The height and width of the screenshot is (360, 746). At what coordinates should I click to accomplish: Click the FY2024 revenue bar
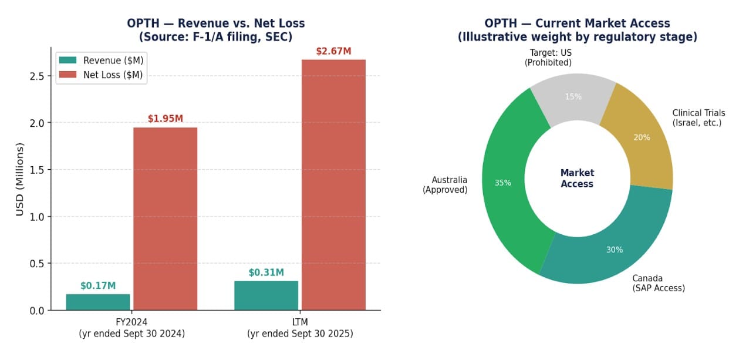pyautogui.click(x=98, y=302)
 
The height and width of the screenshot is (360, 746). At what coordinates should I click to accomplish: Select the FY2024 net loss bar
pyautogui.click(x=165, y=218)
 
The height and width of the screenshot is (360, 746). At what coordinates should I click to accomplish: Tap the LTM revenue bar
pyautogui.click(x=266, y=295)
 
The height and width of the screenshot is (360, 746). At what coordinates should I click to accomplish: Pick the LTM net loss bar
pyautogui.click(x=333, y=184)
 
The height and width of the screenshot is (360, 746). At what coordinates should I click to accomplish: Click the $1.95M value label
pyautogui.click(x=165, y=119)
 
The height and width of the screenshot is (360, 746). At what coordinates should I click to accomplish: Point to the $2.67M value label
pyautogui.click(x=333, y=51)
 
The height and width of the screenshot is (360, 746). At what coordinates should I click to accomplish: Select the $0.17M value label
pyautogui.click(x=98, y=286)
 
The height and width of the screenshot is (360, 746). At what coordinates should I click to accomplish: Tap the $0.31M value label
pyautogui.click(x=266, y=272)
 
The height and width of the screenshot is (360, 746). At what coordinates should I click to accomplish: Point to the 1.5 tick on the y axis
pyautogui.click(x=36, y=170)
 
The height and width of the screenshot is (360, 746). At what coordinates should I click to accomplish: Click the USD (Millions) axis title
pyautogui.click(x=20, y=179)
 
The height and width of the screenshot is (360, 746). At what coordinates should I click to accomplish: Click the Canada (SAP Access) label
pyautogui.click(x=658, y=283)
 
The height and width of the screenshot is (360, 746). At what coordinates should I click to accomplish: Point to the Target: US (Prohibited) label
pyautogui.click(x=548, y=58)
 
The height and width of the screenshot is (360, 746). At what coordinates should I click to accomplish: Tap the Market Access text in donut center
pyautogui.click(x=577, y=179)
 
